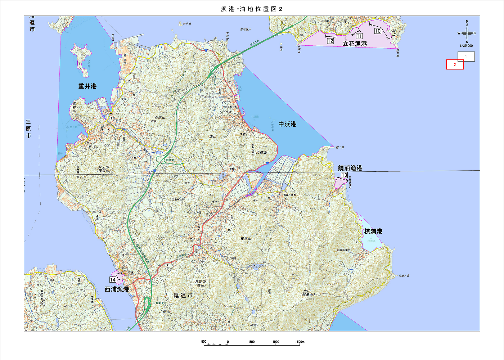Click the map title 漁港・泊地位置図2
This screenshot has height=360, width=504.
click(x=252, y=9)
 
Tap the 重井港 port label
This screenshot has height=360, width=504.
click(x=87, y=86)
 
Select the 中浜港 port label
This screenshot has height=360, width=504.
click(x=287, y=124)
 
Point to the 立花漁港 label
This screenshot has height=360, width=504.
click(x=355, y=44)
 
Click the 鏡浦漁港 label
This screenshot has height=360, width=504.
click(x=350, y=168)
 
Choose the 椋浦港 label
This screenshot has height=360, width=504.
click(x=373, y=231)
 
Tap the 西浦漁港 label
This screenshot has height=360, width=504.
click(x=117, y=289)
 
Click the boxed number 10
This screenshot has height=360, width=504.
click(x=378, y=31)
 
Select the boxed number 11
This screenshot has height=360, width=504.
click(x=359, y=36)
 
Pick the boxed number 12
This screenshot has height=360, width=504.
click(x=330, y=41)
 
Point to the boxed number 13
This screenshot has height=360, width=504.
click(x=345, y=175)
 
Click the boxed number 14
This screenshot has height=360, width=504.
click(x=113, y=280)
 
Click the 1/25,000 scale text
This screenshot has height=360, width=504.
click(x=466, y=46)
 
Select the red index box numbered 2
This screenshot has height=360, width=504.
click(x=455, y=65)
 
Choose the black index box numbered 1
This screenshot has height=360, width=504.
click(x=466, y=57)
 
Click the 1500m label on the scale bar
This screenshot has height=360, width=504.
click(x=300, y=342)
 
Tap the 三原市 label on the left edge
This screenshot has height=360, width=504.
click(x=28, y=129)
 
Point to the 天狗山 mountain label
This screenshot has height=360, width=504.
click(x=246, y=239)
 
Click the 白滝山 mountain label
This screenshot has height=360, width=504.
click(x=159, y=118)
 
